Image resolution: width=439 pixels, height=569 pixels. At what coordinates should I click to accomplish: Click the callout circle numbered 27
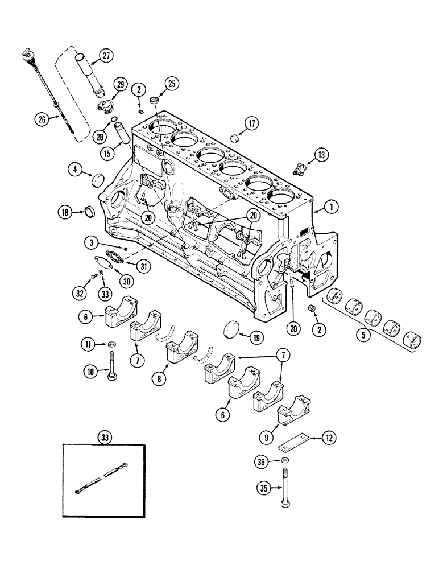pos(106,55)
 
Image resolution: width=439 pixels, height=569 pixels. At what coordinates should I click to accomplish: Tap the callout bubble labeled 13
pos(322,154)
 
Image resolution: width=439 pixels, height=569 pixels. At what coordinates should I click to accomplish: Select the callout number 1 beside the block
pos(329,208)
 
